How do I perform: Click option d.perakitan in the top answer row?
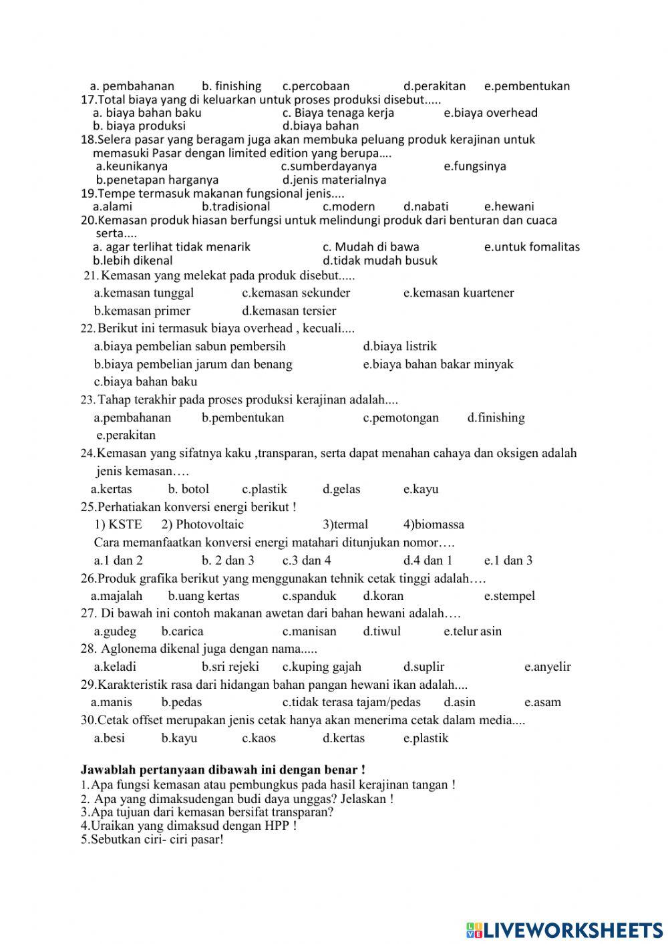[434, 86]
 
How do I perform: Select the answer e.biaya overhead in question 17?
[490, 113]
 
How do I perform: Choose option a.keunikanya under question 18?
[132, 166]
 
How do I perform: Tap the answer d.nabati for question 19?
[426, 206]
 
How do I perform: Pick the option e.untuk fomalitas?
[532, 247]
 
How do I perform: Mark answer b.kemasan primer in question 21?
[142, 311]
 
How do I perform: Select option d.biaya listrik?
[399, 346]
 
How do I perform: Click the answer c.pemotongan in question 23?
[401, 418]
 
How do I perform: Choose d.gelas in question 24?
[341, 489]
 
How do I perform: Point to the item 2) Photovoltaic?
[202, 524]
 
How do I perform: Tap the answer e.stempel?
[509, 596]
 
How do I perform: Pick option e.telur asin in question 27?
[472, 631]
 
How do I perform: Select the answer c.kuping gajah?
[321, 667]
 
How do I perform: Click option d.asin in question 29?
[459, 702]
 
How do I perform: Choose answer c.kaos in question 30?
[259, 738]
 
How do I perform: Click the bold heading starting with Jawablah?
[222, 770]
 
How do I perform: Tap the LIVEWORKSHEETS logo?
[564, 930]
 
